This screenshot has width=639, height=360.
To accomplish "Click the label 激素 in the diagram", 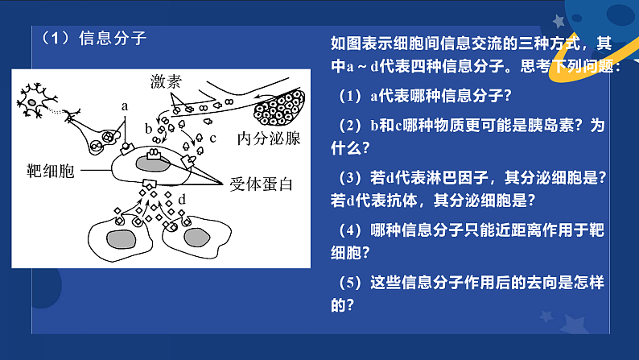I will (x=167, y=81).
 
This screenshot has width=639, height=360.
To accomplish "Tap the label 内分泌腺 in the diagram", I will (x=268, y=138).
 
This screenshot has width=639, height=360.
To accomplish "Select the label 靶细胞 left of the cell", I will (x=51, y=172).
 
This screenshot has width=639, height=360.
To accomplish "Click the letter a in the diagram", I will (x=125, y=106).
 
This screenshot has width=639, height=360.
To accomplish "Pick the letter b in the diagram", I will (x=148, y=127).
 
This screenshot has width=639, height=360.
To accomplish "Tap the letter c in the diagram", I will (x=212, y=138).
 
